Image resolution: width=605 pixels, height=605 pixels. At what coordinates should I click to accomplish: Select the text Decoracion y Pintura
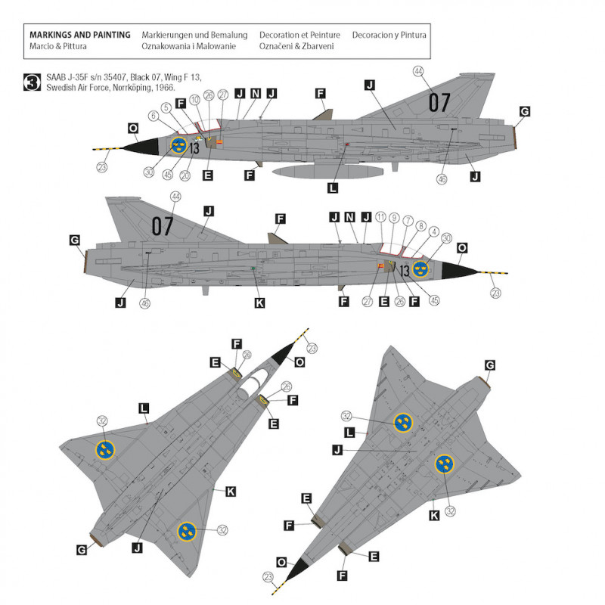point(389,35)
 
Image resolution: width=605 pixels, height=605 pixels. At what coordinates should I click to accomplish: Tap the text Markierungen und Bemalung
point(194,35)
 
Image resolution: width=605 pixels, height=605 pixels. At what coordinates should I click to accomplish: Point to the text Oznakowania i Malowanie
point(188,46)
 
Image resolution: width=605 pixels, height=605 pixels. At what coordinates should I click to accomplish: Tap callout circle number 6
point(154,116)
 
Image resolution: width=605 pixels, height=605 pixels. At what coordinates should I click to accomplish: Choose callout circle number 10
point(195,98)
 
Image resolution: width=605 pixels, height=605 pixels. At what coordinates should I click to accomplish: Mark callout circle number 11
point(380,217)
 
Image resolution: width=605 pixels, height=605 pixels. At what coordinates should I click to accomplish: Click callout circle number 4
point(434,231)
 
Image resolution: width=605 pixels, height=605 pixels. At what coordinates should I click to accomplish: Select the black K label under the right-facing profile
point(260,303)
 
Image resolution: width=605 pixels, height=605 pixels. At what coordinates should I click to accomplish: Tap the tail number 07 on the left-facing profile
point(439,103)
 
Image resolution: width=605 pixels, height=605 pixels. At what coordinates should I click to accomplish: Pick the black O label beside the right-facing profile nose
point(462,247)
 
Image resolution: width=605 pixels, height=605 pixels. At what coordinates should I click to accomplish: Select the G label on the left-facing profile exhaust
point(525,111)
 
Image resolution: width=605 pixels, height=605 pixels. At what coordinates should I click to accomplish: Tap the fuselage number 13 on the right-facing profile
point(405,271)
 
